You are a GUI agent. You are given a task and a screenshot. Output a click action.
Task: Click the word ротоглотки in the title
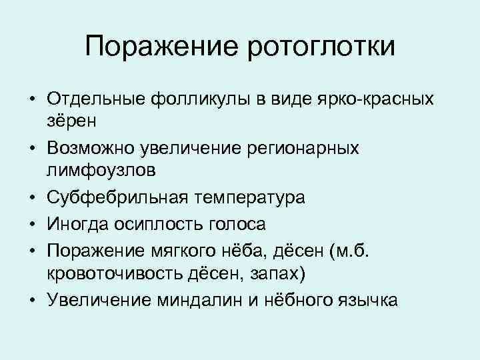tap(323, 47)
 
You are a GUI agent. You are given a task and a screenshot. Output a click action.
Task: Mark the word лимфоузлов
tap(102, 170)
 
